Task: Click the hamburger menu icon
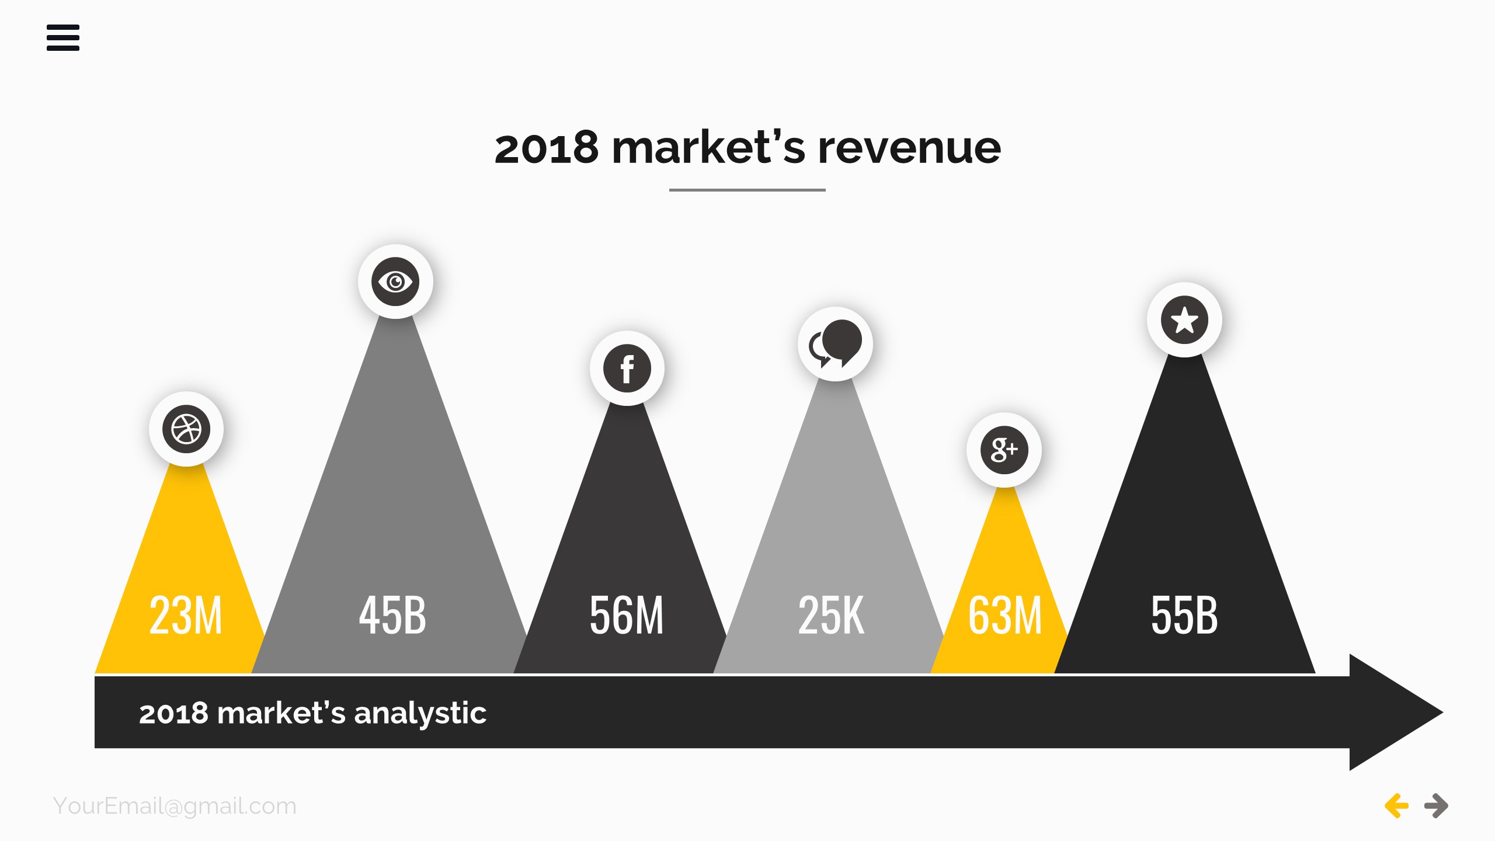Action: (63, 37)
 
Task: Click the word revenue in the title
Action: (909, 148)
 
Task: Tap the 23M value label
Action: (186, 615)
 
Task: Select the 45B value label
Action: (392, 615)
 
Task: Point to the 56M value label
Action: (627, 615)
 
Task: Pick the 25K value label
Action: (831, 615)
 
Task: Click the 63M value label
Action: (1005, 615)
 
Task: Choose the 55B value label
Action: (1184, 615)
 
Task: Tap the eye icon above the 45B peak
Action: (395, 282)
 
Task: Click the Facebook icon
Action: (627, 369)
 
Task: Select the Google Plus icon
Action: (1004, 450)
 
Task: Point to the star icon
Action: (1184, 320)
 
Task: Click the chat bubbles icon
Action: (835, 344)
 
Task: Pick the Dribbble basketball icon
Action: (186, 429)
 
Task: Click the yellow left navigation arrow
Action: (1396, 806)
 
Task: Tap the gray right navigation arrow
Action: (1436, 806)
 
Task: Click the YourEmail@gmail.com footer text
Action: (175, 806)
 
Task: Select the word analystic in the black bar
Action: (420, 713)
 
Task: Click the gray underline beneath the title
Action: (747, 190)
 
